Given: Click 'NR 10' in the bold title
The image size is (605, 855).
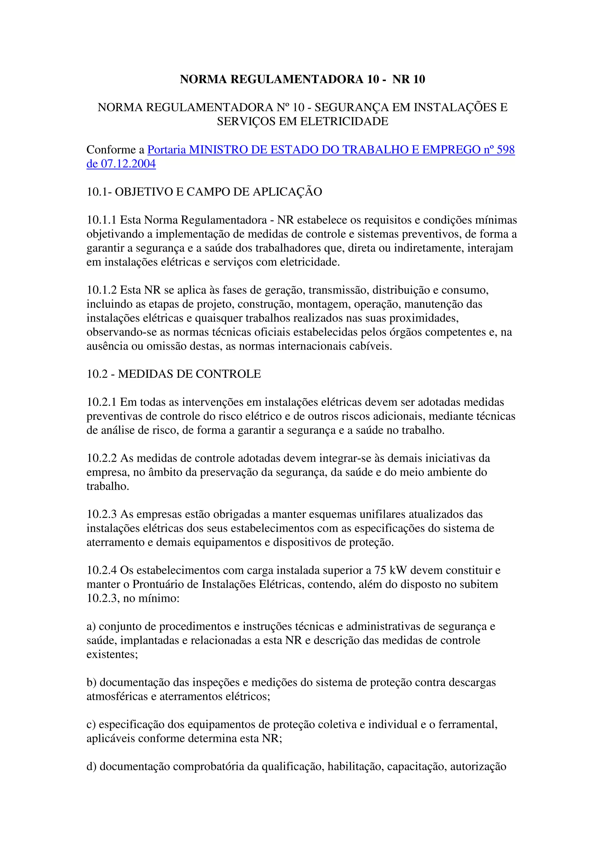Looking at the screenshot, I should (x=409, y=79).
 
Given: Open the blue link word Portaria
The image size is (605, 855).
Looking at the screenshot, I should (x=167, y=150).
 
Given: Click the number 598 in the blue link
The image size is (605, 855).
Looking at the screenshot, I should (x=505, y=150).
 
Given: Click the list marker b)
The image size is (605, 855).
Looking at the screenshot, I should (x=91, y=683).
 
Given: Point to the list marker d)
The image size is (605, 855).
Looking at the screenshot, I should (x=91, y=767).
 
